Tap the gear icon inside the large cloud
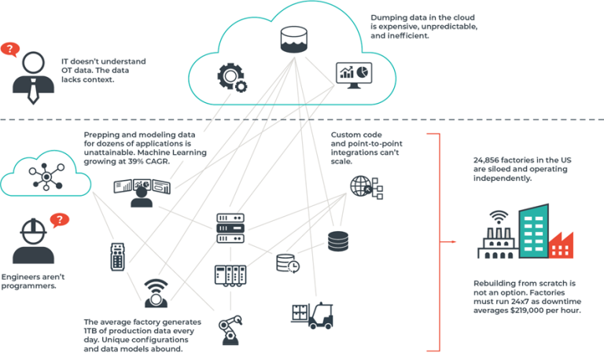(x=230, y=77)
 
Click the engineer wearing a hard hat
(x=28, y=241)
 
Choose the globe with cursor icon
(x=363, y=186)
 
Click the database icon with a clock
(x=286, y=264)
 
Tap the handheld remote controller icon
(x=117, y=257)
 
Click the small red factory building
(x=560, y=244)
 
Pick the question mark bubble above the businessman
(x=10, y=50)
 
